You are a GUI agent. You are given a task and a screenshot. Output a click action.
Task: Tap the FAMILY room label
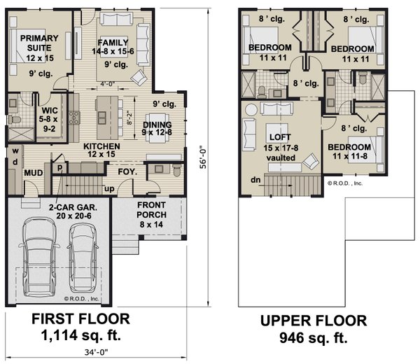tap(113, 42)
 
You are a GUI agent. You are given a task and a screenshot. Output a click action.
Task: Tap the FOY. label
tap(127, 171)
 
